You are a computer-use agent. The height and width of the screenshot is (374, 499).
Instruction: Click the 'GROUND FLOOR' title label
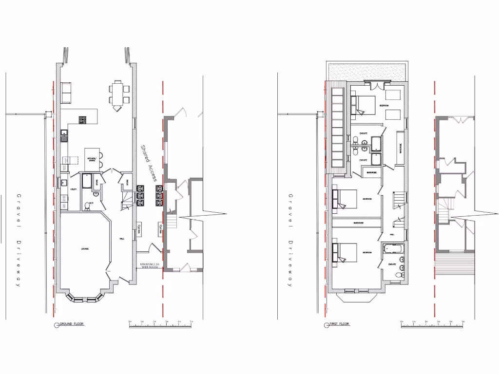(71, 324)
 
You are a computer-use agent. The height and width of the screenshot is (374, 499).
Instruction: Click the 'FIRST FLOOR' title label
(340, 324)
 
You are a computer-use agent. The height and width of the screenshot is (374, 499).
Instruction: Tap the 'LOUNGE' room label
(84, 249)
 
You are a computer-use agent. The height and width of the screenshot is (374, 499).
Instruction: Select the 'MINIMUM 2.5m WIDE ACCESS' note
(149, 266)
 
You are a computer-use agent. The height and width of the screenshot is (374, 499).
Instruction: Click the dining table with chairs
(117, 94)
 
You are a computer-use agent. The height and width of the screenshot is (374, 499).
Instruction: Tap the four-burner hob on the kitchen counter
(82, 119)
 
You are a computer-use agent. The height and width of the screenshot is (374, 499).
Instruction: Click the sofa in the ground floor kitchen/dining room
(66, 93)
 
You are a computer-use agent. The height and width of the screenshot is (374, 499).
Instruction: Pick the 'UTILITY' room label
(73, 189)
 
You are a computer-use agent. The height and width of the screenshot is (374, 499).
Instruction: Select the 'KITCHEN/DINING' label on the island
(92, 159)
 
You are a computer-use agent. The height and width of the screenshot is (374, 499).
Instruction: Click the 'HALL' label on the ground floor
(123, 239)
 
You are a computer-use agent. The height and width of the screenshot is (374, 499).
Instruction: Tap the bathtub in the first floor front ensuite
(391, 249)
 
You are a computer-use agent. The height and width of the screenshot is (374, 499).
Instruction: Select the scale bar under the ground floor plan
(160, 325)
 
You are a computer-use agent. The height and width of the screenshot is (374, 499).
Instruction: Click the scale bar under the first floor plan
(432, 325)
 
